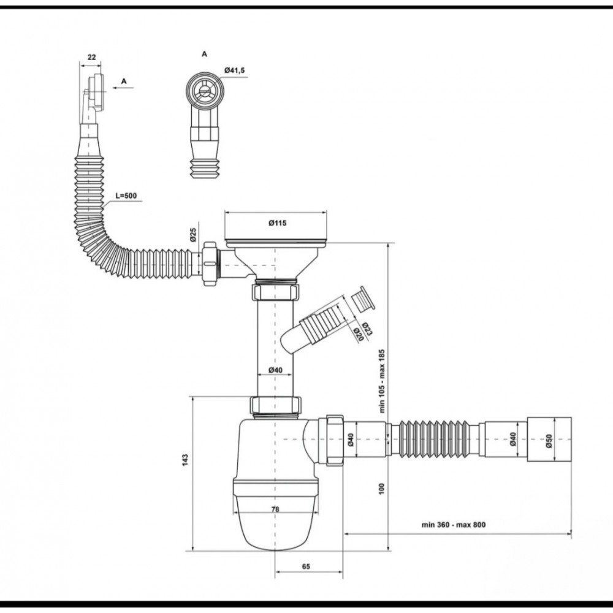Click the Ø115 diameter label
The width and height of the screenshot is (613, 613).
click(x=278, y=223)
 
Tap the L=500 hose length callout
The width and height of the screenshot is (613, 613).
click(x=126, y=196)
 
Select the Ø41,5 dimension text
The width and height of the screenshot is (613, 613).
click(x=235, y=70)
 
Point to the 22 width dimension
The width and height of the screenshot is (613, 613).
click(x=91, y=57)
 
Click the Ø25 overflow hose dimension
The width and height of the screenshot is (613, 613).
click(x=192, y=235)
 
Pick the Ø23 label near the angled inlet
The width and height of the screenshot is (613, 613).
click(x=367, y=329)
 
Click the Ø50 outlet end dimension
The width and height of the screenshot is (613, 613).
click(x=549, y=441)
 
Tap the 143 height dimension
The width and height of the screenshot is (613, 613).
click(x=185, y=459)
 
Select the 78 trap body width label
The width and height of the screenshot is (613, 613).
click(x=275, y=509)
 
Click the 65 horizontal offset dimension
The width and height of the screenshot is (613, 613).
click(x=306, y=566)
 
